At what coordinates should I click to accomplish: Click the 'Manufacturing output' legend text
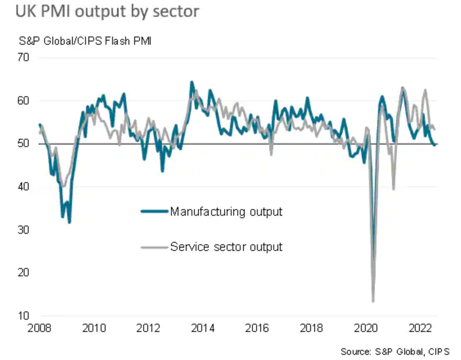(x=226, y=212)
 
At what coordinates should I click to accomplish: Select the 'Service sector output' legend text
(x=226, y=247)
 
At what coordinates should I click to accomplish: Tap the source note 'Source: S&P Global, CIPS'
(x=395, y=352)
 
